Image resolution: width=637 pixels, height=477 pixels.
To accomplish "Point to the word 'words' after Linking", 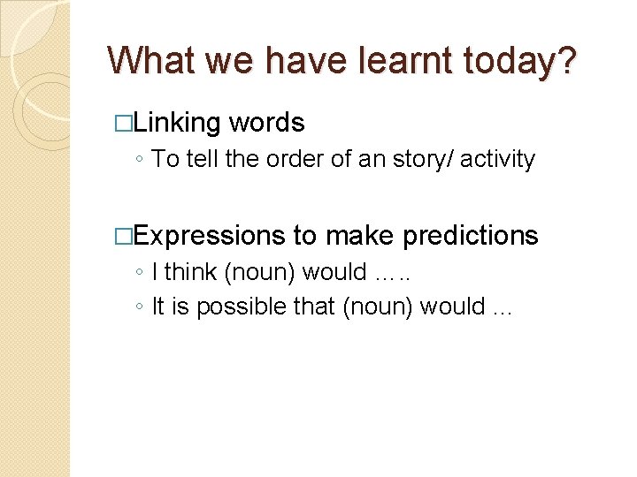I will coord(266,123).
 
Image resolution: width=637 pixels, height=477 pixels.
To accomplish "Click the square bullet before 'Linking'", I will coord(124,123).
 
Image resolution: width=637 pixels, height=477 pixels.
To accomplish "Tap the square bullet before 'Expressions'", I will coord(124,235).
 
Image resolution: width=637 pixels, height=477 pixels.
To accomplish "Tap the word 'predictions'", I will coord(470,235).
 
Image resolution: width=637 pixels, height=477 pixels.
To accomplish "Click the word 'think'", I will coord(191,272).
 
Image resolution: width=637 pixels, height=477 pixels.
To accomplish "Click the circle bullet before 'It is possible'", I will coord(141,307).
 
